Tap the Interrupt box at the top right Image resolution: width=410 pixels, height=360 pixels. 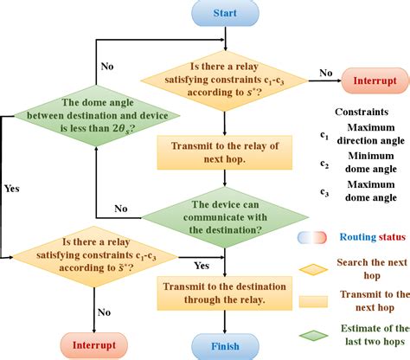click(375, 81)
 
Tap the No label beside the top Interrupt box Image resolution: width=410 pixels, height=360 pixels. click(325, 74)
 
